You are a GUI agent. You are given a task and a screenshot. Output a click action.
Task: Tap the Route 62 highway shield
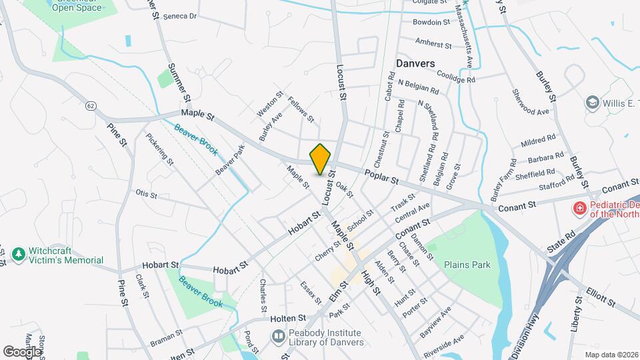click(x=91, y=106)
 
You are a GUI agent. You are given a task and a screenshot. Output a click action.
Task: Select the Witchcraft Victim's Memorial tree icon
click(x=18, y=254)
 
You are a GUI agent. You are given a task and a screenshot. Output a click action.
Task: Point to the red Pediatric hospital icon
click(x=579, y=208)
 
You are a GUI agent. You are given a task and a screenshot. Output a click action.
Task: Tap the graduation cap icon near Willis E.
click(x=591, y=103)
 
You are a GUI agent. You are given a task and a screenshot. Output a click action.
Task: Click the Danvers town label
click(x=415, y=63)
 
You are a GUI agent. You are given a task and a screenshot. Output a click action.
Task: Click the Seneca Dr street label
click(x=179, y=15)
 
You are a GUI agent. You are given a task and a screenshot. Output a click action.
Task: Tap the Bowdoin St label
click(x=431, y=22)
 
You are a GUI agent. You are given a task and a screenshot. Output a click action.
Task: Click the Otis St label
click(x=145, y=195)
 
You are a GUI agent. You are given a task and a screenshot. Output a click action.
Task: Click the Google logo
click(x=21, y=351)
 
